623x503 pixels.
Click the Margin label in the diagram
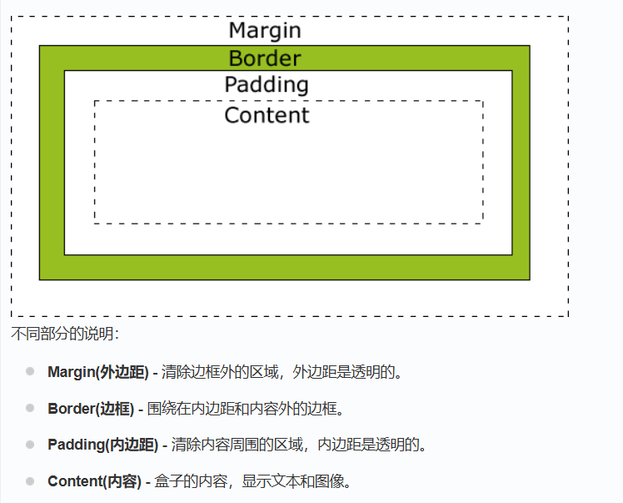click(265, 31)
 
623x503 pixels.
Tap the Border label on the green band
click(265, 58)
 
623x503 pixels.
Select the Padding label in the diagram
click(267, 85)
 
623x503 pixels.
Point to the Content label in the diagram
click(267, 115)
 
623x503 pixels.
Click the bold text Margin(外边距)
click(98, 372)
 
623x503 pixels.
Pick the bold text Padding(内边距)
click(102, 445)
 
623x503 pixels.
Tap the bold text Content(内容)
click(94, 481)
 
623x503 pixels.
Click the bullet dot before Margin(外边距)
click(30, 371)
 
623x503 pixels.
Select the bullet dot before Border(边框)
click(30, 408)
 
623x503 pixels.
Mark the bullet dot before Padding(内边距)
click(30, 445)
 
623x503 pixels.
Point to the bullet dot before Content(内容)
click(30, 481)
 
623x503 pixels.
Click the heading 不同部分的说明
click(65, 334)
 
